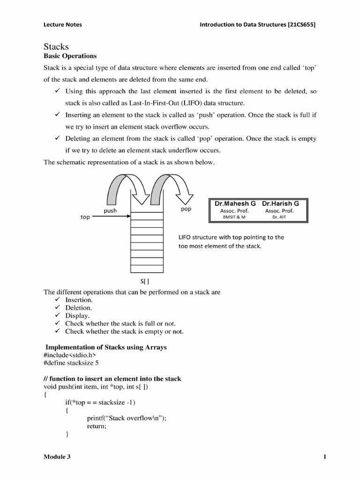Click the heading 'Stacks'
tap(56, 46)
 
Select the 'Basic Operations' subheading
tap(70, 56)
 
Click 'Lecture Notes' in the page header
tap(62, 24)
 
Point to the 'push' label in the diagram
tap(110, 211)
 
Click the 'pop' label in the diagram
tap(186, 209)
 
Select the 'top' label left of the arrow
tap(85, 217)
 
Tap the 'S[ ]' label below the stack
tap(144, 282)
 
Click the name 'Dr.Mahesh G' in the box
tap(235, 204)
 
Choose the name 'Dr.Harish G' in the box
tap(280, 204)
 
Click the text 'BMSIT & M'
tap(234, 217)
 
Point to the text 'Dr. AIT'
tap(279, 217)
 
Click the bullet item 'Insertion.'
tap(79, 300)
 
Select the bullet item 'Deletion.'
tap(78, 308)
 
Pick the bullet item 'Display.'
tap(77, 316)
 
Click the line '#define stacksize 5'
tap(71, 363)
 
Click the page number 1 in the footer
tap(324, 457)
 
